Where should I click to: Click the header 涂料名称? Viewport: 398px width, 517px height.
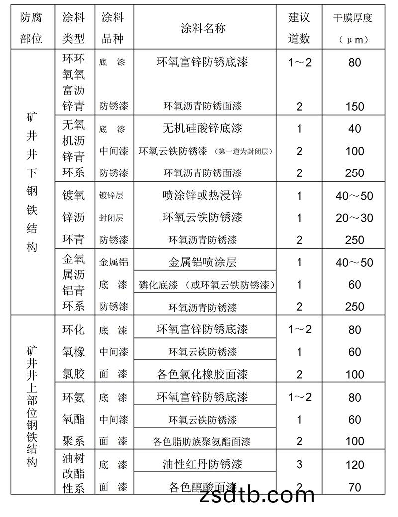pos(205,28)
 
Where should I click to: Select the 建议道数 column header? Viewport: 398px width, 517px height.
pos(299,28)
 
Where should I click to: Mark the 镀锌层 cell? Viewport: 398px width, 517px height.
pos(111,195)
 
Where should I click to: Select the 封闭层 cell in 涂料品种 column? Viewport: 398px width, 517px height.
pos(111,218)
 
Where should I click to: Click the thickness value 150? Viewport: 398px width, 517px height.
pos(354,106)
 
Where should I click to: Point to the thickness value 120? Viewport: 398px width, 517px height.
pos(354,465)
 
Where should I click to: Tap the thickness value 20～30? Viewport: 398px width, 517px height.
pos(354,218)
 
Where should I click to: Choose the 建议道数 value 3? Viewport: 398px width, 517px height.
pos(299,465)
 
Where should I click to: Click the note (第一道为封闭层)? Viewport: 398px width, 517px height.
pos(245,151)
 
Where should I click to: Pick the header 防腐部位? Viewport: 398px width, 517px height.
pos(31,28)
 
